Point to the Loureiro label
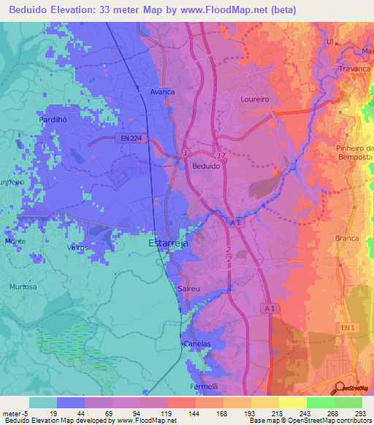(255, 98)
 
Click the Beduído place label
(206, 166)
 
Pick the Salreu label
(189, 289)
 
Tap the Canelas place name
(196, 343)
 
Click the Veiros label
(77, 248)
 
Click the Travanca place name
(354, 69)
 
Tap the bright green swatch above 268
(321, 402)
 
